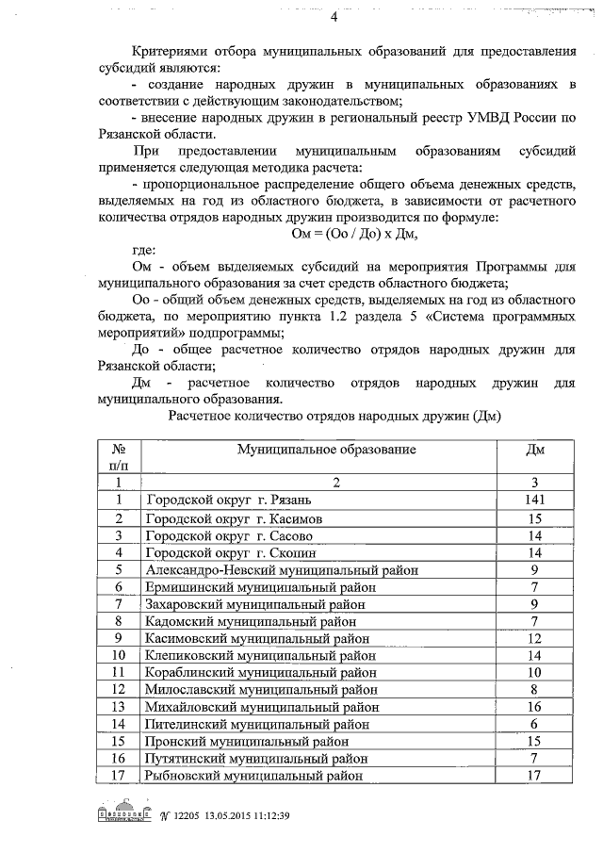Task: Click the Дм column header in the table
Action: coord(533,450)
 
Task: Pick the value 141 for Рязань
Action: coord(533,500)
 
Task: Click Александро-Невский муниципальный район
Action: coord(282,569)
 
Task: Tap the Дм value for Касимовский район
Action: coord(533,638)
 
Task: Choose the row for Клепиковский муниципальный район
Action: coord(261,655)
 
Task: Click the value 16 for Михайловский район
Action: coord(533,706)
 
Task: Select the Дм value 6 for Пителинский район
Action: coord(533,723)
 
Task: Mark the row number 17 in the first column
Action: coord(119,775)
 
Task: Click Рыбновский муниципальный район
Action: coord(254,775)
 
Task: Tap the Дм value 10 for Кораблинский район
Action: coord(533,672)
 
